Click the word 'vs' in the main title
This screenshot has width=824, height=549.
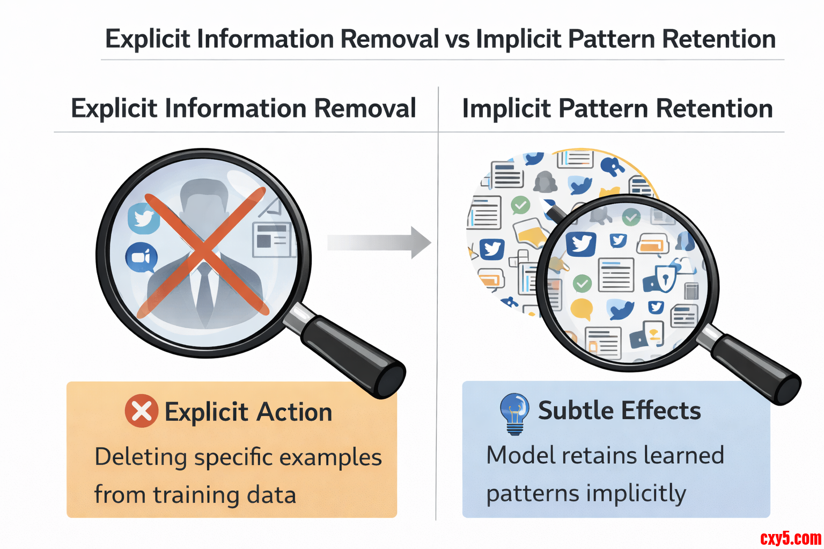point(457,40)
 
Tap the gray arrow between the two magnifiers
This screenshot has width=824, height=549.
point(379,242)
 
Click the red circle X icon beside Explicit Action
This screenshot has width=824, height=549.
point(141,411)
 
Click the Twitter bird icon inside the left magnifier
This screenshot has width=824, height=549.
point(143,218)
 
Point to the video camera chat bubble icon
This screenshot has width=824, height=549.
point(141,258)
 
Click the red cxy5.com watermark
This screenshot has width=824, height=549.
point(790,537)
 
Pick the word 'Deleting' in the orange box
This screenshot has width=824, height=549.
point(141,457)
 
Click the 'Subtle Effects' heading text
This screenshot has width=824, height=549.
point(619,411)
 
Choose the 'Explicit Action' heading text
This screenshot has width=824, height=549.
point(248,412)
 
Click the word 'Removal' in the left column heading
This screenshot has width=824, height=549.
point(365,108)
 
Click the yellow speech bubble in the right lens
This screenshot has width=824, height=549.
point(581,309)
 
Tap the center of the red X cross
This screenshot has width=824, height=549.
point(203,252)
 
